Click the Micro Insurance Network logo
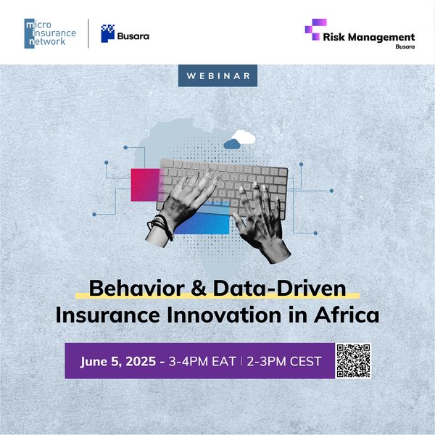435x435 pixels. click(x=50, y=33)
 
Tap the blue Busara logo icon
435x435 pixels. click(x=107, y=33)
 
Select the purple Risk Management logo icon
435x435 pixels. click(x=315, y=30)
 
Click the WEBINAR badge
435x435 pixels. click(x=217, y=75)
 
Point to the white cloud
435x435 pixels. click(x=244, y=137)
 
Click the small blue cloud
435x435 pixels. click(x=232, y=144)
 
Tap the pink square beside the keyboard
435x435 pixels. click(x=145, y=185)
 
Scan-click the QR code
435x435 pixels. click(x=353, y=360)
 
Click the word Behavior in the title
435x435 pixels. click(x=137, y=289)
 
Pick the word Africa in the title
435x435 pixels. click(x=347, y=315)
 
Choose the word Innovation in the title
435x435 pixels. click(x=224, y=315)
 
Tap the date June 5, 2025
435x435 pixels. click(x=118, y=362)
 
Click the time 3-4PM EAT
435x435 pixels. click(x=202, y=362)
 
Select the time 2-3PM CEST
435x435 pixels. click(x=284, y=362)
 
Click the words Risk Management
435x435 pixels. click(x=369, y=37)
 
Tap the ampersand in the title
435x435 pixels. click(x=199, y=289)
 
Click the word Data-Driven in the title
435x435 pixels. click(x=280, y=289)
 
